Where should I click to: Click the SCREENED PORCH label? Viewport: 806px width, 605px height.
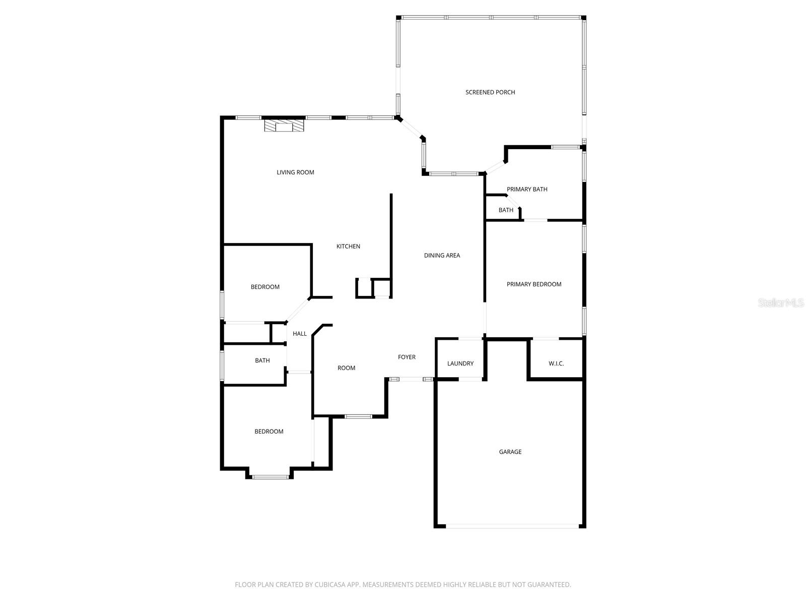point(490,92)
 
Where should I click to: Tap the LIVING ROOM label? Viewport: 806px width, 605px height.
point(295,172)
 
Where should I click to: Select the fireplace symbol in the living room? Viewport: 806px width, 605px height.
point(285,125)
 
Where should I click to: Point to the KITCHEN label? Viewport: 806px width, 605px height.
point(348,247)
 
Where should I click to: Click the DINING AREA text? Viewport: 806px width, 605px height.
point(442,256)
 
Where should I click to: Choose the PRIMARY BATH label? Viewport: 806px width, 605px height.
point(527,190)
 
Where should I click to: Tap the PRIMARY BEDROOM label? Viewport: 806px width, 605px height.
point(534,284)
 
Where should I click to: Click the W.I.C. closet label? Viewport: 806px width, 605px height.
point(556,364)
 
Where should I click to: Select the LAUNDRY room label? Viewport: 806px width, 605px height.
point(460,364)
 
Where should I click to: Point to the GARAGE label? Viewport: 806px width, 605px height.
point(510,452)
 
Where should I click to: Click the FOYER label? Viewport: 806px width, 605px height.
point(407,357)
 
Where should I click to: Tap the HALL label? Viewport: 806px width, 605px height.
point(300,334)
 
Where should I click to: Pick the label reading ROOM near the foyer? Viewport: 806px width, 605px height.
point(347,368)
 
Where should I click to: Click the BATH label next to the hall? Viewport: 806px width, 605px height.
point(262,360)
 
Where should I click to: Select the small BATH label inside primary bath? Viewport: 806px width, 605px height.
point(506,210)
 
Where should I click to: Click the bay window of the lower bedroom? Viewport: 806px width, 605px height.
point(271,476)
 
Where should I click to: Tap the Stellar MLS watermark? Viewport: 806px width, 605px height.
point(781,303)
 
